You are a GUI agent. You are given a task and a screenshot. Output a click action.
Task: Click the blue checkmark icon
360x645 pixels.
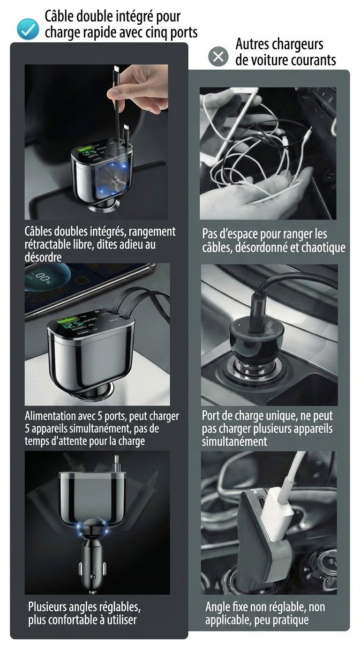28,29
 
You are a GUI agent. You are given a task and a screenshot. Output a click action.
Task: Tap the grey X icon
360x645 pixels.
218,57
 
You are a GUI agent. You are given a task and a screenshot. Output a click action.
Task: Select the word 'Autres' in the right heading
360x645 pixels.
253,45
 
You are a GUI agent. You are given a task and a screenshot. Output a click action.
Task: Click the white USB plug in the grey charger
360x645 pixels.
277,513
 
